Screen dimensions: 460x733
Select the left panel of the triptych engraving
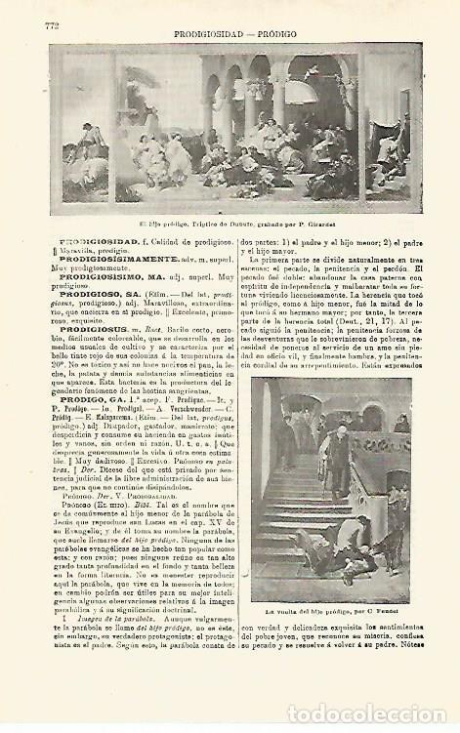tap(77, 136)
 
